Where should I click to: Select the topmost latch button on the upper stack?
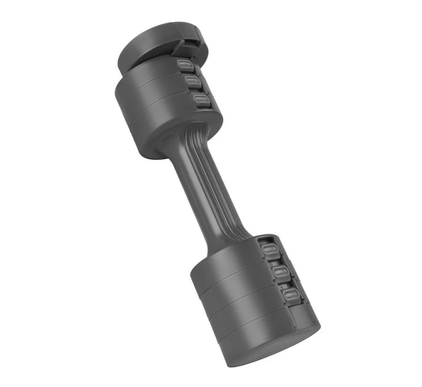pos(184,65)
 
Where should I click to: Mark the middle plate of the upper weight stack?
pos(148,105)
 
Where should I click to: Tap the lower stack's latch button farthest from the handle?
pos(291,294)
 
